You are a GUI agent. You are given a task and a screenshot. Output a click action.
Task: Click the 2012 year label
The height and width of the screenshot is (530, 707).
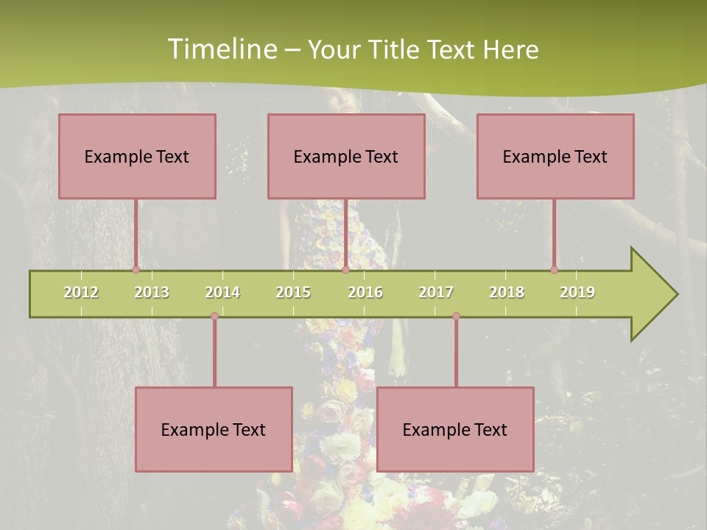81,292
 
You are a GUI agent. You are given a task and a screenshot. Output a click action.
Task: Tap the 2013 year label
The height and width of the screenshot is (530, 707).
152,292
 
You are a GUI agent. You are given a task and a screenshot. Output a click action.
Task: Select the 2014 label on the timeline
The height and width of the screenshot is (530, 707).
222,292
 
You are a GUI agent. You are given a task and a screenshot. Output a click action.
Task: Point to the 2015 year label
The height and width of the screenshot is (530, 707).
293,292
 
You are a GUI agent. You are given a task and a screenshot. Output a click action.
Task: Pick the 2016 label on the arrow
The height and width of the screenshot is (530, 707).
365,292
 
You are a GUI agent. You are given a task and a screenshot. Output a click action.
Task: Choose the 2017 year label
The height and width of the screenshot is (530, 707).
436,292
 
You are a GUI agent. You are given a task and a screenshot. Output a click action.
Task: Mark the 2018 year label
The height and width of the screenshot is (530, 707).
507,292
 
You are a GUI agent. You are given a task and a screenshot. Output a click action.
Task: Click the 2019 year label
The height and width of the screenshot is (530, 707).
577,292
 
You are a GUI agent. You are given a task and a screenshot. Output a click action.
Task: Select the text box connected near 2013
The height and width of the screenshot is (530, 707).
137,156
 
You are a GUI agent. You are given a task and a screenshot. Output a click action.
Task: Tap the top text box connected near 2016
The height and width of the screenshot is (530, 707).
346,156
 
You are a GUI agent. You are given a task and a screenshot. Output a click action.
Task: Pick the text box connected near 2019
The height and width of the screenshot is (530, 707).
555,156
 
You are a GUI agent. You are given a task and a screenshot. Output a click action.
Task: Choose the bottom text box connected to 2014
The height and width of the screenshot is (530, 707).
214,429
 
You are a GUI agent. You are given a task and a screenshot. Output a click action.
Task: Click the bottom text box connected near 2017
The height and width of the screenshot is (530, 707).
455,429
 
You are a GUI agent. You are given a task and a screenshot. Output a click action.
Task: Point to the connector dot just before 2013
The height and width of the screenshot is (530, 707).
136,269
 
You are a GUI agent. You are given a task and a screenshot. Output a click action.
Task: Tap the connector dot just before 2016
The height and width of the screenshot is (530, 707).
345,269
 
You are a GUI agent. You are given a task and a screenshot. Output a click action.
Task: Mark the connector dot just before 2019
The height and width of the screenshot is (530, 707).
554,269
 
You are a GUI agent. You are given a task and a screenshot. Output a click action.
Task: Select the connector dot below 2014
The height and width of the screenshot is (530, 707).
214,317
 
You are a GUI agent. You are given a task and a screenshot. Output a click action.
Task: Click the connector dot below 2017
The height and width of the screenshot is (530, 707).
456,317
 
